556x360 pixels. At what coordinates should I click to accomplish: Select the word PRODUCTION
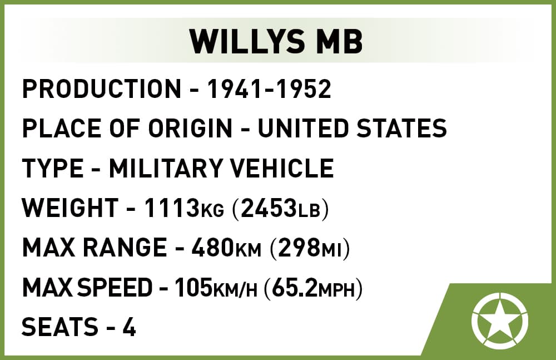point(102,88)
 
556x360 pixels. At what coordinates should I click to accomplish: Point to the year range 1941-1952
point(269,88)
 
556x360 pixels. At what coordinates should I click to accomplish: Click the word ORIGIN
point(190,128)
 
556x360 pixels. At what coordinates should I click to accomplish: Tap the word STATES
point(401,128)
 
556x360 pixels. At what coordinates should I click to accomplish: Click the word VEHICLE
point(282,168)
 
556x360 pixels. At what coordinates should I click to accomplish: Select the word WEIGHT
point(70,208)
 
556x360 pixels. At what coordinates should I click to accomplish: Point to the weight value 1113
point(172,208)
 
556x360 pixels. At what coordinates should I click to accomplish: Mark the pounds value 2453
point(269,208)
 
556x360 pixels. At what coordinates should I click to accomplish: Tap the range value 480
point(213,248)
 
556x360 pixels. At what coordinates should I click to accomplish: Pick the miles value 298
point(300,248)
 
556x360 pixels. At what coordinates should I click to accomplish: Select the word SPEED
point(115,287)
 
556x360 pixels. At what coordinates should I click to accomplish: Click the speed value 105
point(193,287)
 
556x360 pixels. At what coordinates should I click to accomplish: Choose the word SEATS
point(60,327)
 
